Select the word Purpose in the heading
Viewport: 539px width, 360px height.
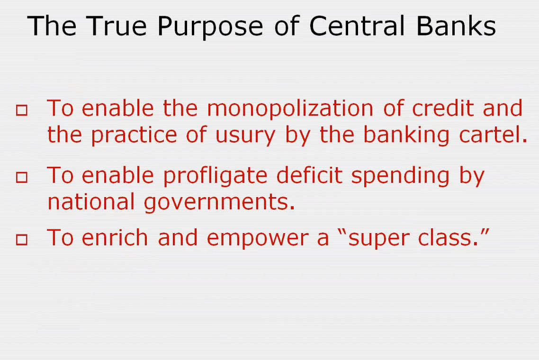click(210, 27)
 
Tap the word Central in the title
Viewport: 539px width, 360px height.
click(357, 26)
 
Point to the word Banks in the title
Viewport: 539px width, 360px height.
click(456, 26)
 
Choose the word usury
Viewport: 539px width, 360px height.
click(245, 136)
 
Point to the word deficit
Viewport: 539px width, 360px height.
click(309, 175)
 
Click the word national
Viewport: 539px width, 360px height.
click(91, 201)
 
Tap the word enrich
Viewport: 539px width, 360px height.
click(115, 237)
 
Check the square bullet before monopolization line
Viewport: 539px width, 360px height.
click(22, 110)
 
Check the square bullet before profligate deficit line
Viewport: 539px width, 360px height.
click(22, 177)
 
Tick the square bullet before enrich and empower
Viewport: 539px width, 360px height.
click(22, 239)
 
